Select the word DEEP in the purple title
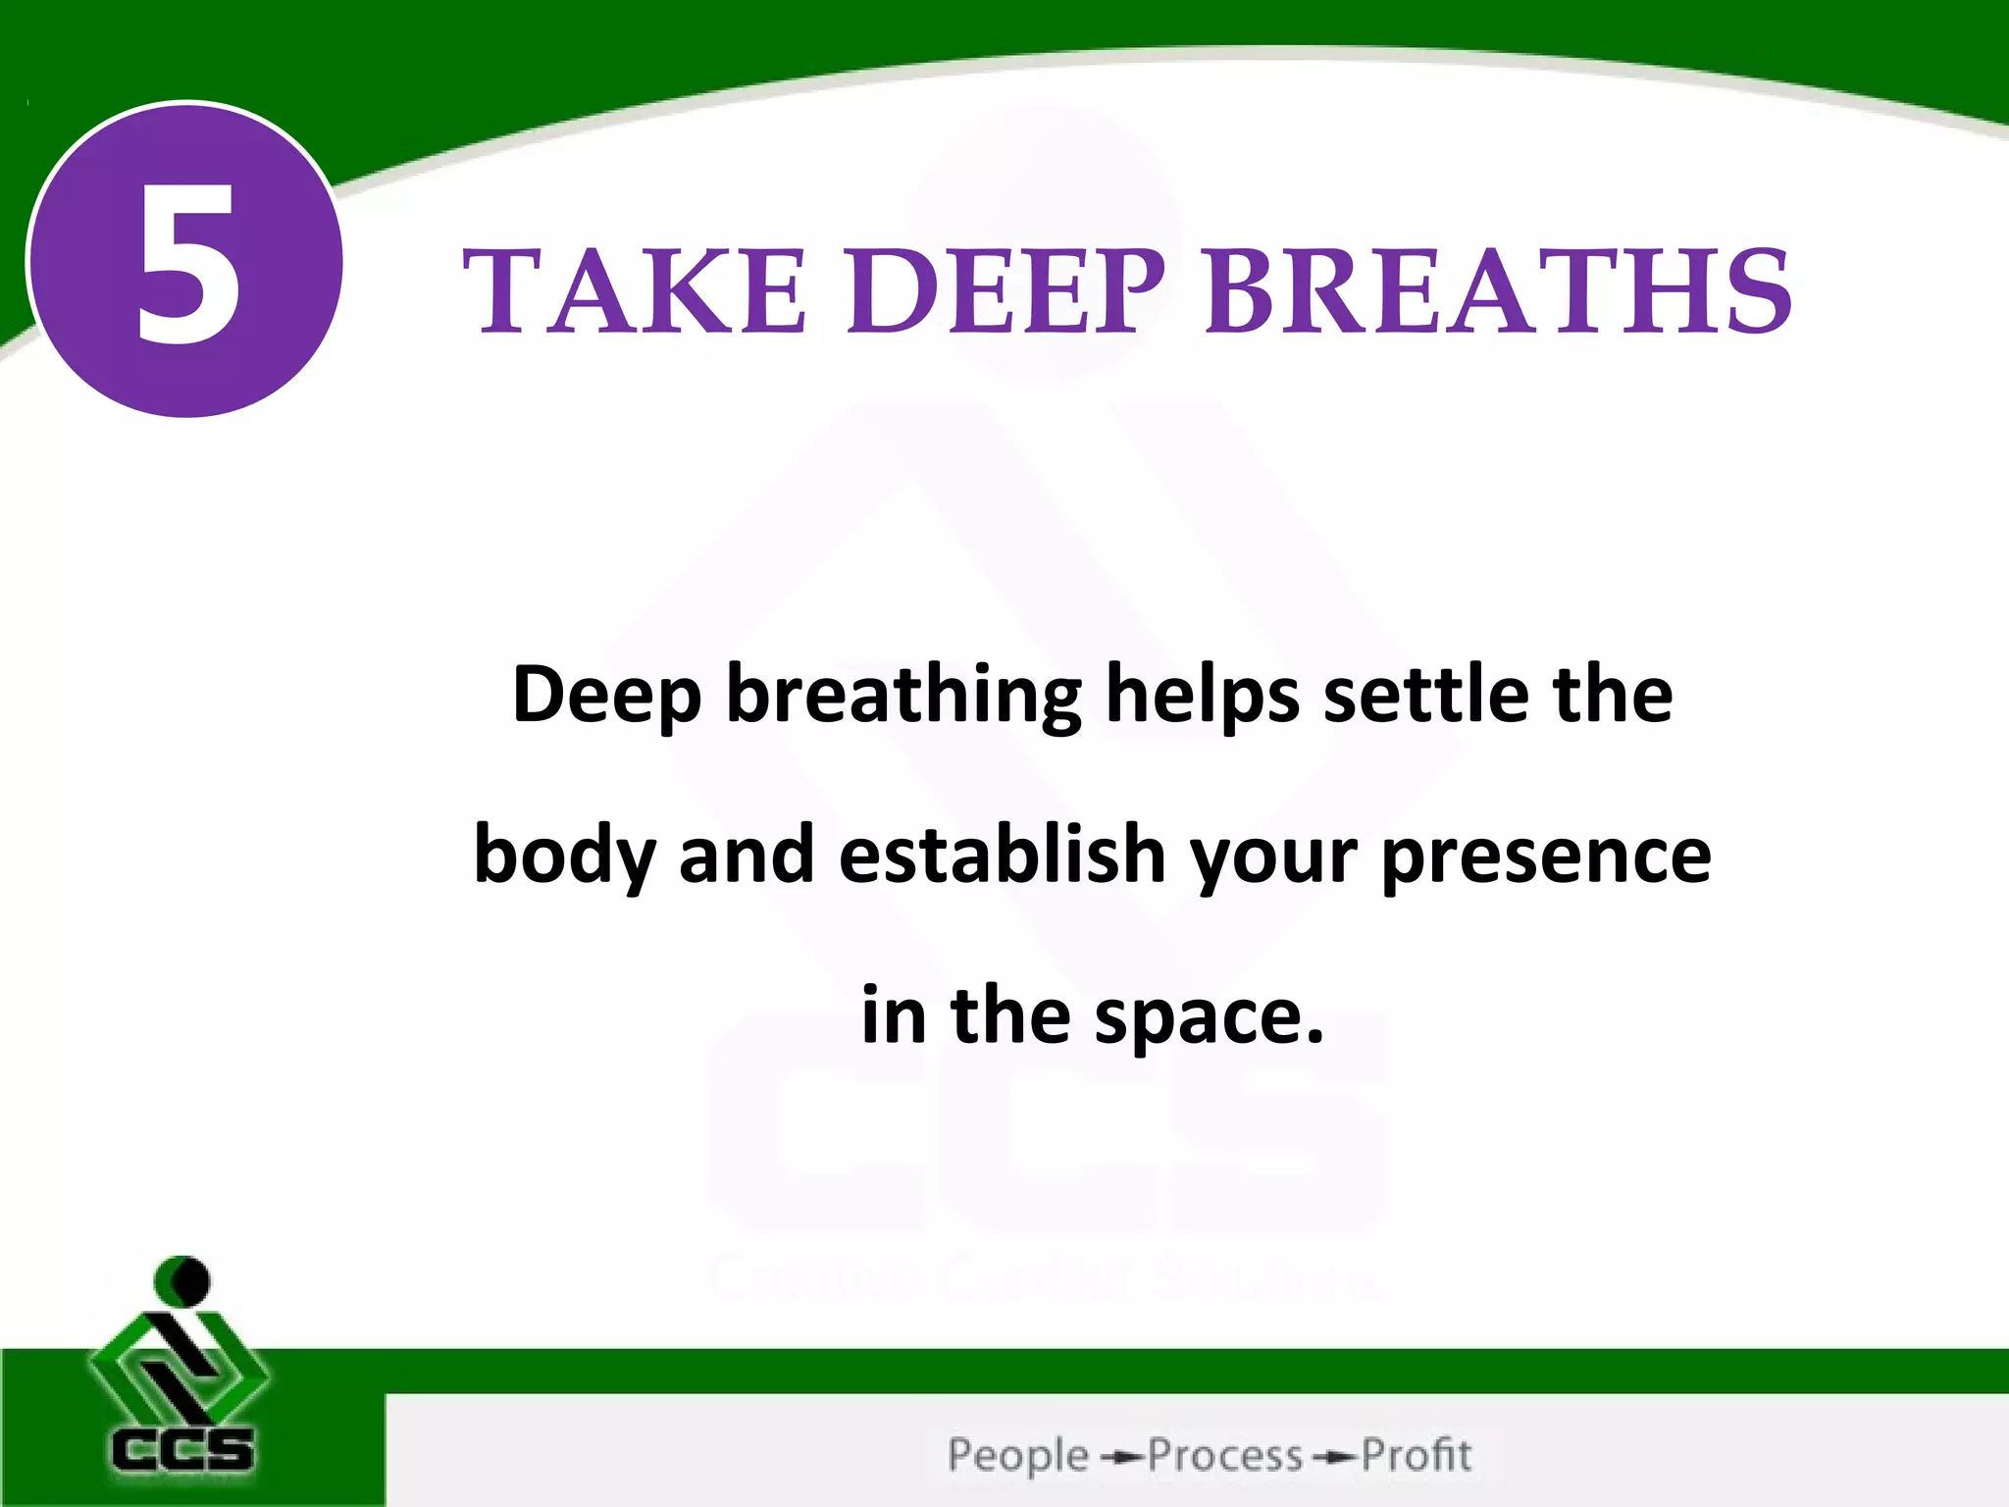point(1006,290)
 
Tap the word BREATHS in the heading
point(1499,290)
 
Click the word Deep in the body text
point(606,695)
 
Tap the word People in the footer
point(1018,1456)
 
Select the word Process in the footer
point(1225,1456)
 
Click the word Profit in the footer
point(1417,1456)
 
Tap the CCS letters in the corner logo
point(182,1450)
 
